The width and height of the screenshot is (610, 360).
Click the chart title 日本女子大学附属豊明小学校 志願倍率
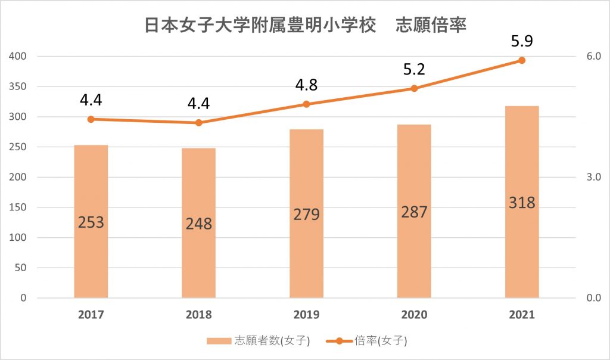(x=305, y=27)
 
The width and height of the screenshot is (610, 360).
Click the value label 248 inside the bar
(x=198, y=224)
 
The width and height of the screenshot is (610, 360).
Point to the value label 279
(x=306, y=214)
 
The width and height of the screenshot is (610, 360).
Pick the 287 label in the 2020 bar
(x=414, y=212)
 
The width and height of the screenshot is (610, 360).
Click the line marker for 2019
(x=306, y=104)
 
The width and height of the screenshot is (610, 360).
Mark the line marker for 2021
(x=522, y=60)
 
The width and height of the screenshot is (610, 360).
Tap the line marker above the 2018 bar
(x=199, y=123)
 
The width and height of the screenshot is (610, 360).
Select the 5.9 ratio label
(x=522, y=42)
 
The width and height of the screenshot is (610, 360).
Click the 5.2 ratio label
(x=414, y=70)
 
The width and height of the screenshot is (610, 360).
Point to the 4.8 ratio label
(x=306, y=85)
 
